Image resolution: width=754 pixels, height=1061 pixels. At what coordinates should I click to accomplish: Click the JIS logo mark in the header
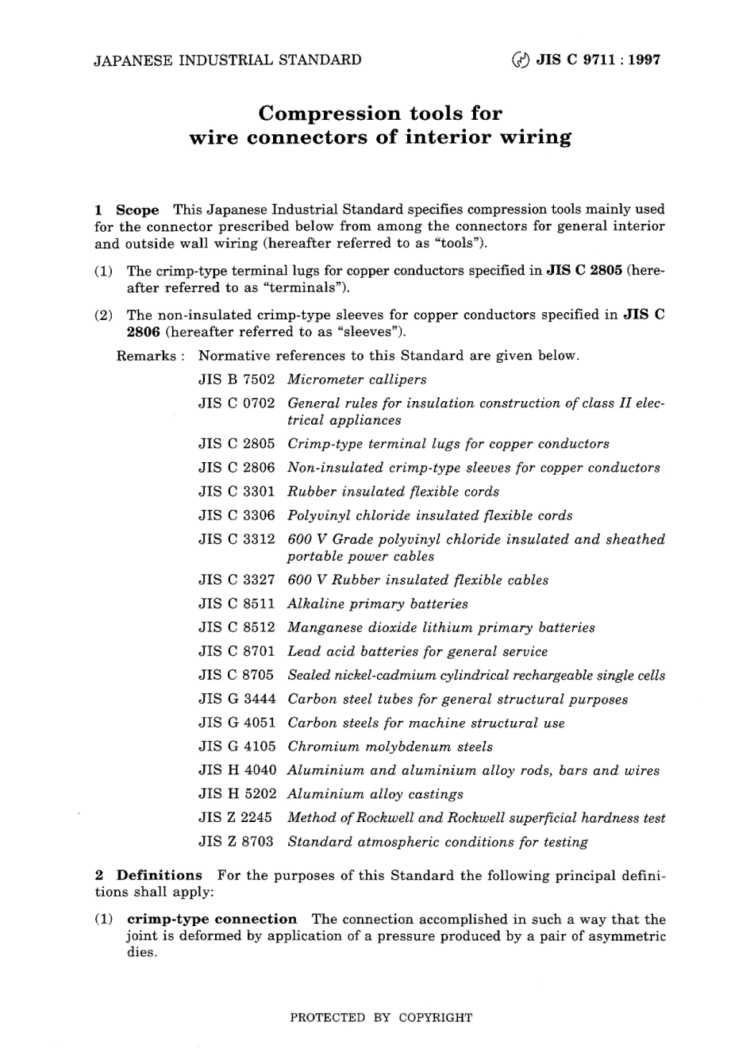tap(521, 60)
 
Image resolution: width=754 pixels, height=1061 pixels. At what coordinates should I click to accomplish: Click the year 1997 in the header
tap(644, 60)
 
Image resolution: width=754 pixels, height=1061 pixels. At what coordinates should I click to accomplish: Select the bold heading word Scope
tap(137, 210)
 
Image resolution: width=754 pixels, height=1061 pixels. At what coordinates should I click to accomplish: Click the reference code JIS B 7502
tap(237, 380)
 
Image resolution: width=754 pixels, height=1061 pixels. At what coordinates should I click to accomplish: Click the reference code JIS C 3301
tap(237, 492)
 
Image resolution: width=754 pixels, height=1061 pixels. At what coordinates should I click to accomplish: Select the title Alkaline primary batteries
tap(377, 604)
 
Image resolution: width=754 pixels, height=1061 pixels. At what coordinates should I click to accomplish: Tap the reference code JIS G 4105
tap(237, 747)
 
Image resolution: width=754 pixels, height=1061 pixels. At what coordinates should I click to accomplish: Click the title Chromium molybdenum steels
tap(390, 747)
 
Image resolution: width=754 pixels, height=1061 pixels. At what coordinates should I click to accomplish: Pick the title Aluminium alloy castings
tap(375, 794)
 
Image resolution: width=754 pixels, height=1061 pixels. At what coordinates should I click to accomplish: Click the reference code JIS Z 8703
tap(237, 842)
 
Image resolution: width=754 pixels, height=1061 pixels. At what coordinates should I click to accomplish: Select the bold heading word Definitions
tap(160, 875)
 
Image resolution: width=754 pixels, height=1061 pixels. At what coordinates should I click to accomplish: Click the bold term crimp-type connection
tap(212, 919)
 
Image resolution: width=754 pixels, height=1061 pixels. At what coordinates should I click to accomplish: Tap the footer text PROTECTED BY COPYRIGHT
tap(381, 1017)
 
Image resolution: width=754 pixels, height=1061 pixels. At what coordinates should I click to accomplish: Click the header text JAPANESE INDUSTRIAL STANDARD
tap(228, 60)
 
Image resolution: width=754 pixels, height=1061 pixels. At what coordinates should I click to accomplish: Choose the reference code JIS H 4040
tap(237, 770)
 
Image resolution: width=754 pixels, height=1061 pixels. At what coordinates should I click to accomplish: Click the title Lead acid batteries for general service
tap(417, 651)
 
